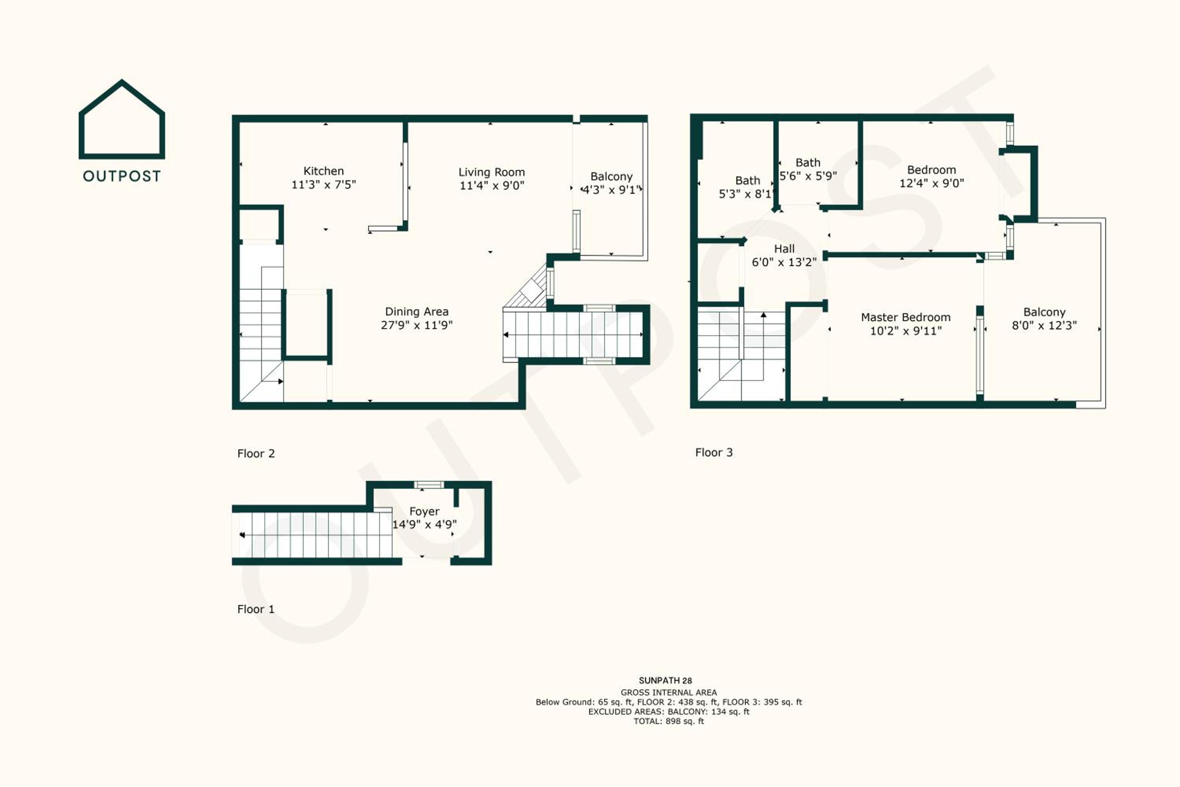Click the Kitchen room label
(x=324, y=171)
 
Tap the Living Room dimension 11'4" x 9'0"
(x=492, y=186)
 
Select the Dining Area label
(x=417, y=312)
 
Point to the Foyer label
(x=424, y=512)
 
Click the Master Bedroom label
(x=905, y=317)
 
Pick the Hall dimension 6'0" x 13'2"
(x=784, y=262)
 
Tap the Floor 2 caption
(x=256, y=454)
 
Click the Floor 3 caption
(x=714, y=453)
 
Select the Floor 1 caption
(x=256, y=609)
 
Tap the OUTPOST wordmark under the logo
(x=122, y=176)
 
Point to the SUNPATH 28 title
(x=665, y=681)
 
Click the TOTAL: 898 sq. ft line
(x=669, y=721)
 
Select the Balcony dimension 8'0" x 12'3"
(x=1044, y=325)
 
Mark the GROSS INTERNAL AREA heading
(x=669, y=693)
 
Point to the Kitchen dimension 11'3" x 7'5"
(x=324, y=185)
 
